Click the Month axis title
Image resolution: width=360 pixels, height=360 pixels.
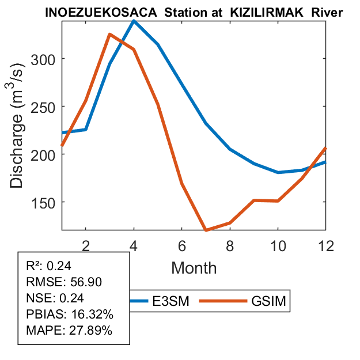coord(194,267)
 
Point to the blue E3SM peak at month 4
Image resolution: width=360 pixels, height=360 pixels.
coord(134,21)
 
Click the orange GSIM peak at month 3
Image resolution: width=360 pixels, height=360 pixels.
coord(109,35)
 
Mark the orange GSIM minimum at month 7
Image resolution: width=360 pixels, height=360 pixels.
coord(206,230)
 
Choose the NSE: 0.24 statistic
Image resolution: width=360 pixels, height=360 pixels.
coord(48,298)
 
